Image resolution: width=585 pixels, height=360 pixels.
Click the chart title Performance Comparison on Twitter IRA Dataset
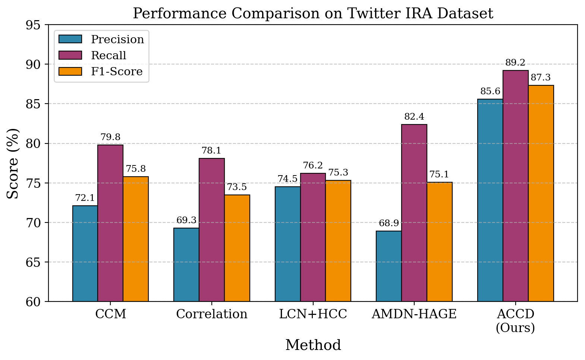point(313,14)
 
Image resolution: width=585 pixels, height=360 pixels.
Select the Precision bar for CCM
point(85,253)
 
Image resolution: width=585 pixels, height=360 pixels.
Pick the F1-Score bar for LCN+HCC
point(338,241)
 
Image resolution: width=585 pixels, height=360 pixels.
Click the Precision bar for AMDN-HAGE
point(389,266)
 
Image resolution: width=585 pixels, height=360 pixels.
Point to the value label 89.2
point(515,63)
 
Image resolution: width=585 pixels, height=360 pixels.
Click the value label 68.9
point(389,224)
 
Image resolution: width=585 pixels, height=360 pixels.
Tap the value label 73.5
point(237,187)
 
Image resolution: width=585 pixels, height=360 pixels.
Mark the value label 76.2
point(313,165)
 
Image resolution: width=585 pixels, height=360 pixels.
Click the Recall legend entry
point(108,56)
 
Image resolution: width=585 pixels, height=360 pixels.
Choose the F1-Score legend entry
point(117,72)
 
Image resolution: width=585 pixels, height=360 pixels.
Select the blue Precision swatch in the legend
point(70,39)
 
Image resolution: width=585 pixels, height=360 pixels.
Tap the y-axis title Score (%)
point(13,163)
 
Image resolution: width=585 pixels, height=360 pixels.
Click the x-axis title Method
point(313,345)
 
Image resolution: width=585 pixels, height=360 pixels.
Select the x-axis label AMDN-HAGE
point(414,314)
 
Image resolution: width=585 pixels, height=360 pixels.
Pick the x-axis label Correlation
point(212,314)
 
